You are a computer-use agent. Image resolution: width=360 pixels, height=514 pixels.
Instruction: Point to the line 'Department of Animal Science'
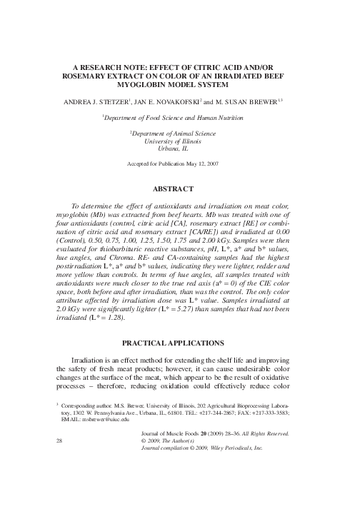[x=181, y=133]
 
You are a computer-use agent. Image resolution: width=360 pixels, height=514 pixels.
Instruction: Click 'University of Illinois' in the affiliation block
[x=180, y=141]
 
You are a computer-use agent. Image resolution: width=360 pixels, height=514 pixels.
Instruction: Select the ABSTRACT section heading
[x=180, y=189]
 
